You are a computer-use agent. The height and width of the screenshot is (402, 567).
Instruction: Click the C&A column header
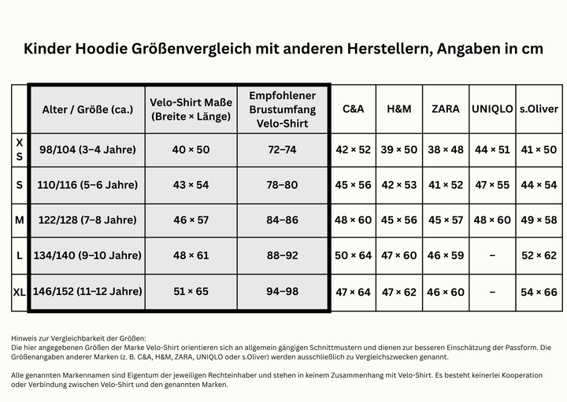pos(353,109)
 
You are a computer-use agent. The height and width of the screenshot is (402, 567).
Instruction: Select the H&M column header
pos(398,109)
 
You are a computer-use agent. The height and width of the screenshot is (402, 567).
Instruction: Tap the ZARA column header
pos(446,109)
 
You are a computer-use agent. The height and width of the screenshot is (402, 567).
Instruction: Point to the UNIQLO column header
pos(492,109)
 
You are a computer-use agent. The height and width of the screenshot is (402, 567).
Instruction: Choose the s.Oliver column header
pos(539,109)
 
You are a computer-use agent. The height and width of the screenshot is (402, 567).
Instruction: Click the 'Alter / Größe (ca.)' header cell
pos(87,109)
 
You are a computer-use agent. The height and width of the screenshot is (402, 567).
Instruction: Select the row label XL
pos(20,292)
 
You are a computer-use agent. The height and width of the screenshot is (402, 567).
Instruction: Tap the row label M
pos(20,220)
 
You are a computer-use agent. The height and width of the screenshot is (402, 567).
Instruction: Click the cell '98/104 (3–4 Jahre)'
pos(87,149)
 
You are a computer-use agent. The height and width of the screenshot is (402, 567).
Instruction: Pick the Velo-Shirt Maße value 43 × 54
pos(191,185)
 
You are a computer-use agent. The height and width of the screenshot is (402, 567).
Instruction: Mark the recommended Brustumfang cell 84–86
pos(283,220)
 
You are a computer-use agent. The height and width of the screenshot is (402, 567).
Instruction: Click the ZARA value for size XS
pos(446,149)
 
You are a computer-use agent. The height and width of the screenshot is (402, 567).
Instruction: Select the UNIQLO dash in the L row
pos(492,256)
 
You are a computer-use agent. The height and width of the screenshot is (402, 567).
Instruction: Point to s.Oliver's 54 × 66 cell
pos(539,292)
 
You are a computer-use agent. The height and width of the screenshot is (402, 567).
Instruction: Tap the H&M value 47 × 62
pos(398,292)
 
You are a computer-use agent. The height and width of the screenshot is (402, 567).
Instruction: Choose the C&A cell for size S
pos(353,185)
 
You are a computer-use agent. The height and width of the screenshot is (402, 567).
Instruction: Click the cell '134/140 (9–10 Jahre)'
pos(87,256)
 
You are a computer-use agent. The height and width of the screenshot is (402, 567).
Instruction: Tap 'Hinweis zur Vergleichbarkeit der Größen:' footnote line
pos(79,338)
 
